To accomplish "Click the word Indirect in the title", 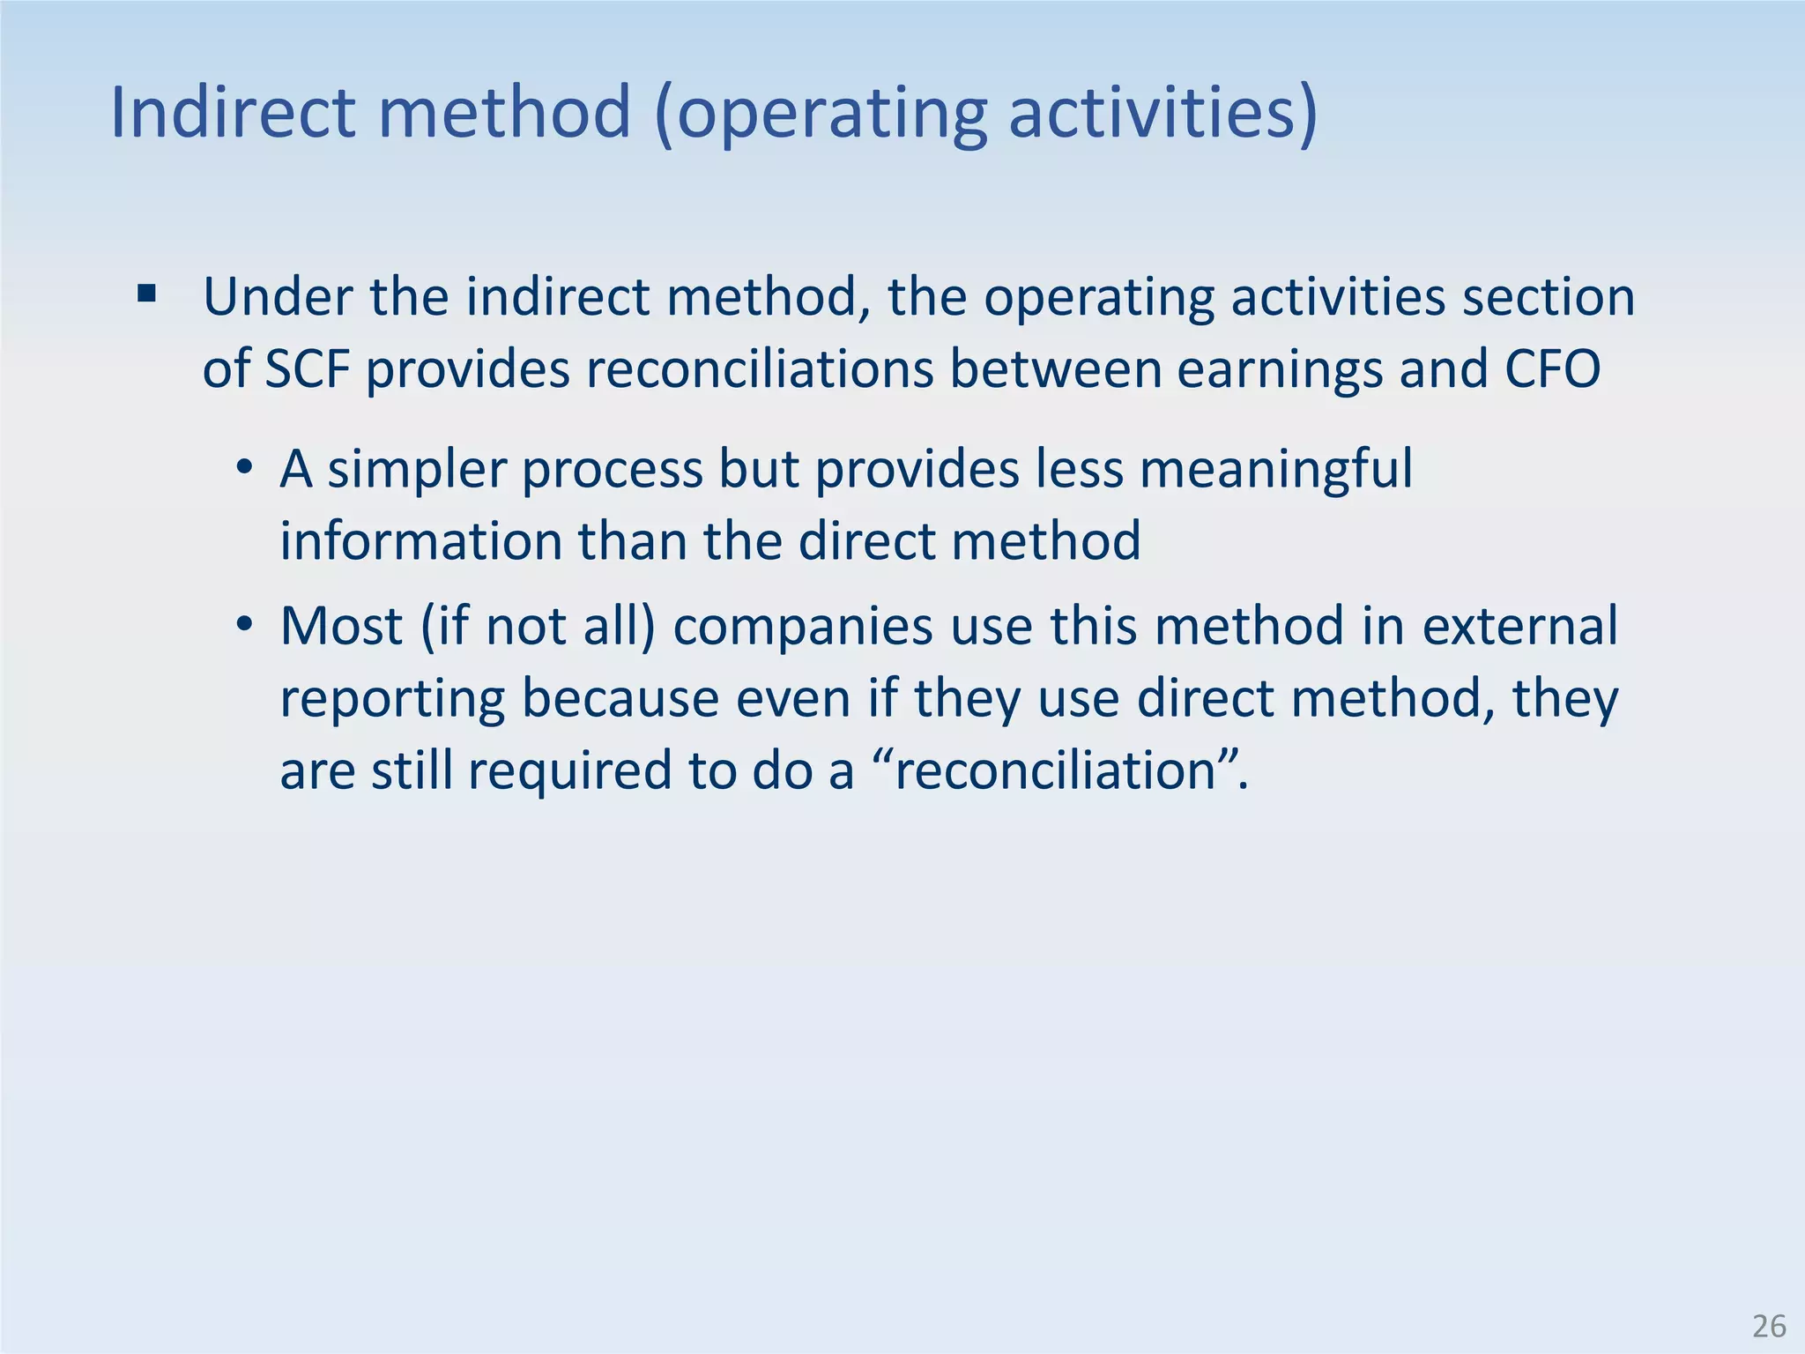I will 232,112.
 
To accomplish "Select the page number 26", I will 1769,1326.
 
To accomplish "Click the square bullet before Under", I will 147,294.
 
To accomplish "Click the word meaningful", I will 1275,470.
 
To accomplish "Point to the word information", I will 420,540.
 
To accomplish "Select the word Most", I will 341,626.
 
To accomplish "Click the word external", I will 1519,626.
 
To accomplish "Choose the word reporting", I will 392,700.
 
